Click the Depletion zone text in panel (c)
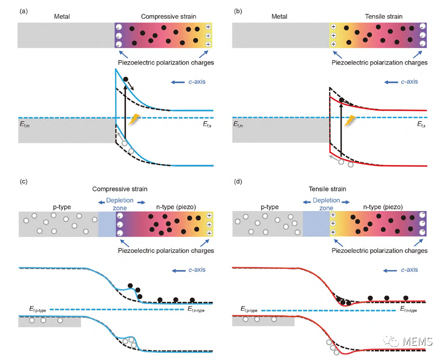point(120,204)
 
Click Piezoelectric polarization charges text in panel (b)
point(380,62)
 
